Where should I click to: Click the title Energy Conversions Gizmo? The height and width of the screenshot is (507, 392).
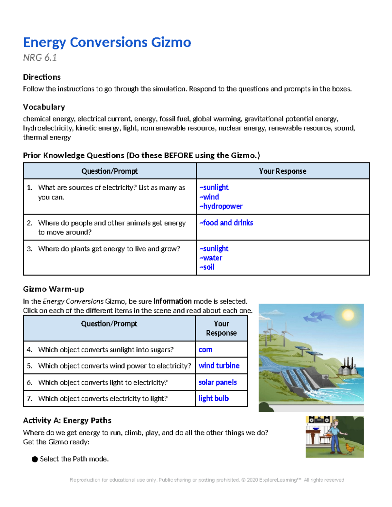click(107, 42)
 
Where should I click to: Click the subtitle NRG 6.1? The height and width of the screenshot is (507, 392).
click(40, 58)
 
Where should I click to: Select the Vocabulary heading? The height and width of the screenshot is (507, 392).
click(44, 107)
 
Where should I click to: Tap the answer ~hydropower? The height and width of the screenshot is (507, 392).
click(221, 206)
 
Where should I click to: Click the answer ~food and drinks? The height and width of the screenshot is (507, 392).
click(226, 223)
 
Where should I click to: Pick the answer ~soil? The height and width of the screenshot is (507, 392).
click(207, 267)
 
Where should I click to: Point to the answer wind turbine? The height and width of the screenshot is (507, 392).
click(219, 366)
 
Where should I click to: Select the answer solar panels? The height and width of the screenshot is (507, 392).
click(218, 382)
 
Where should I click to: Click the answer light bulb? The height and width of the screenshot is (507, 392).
click(214, 398)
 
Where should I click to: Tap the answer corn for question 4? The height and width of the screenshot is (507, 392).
click(205, 350)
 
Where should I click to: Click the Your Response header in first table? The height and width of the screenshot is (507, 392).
click(283, 171)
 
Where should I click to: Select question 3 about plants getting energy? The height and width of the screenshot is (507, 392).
click(109, 249)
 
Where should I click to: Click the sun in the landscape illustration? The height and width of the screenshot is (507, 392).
click(348, 315)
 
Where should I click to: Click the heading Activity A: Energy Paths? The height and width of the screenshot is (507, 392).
click(67, 420)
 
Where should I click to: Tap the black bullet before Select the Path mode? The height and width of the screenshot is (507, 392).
click(35, 459)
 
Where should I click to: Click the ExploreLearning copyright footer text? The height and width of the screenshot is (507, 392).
click(207, 480)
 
